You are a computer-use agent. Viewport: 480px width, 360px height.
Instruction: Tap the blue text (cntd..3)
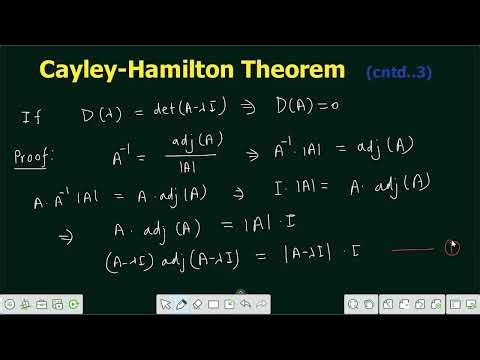coord(399,72)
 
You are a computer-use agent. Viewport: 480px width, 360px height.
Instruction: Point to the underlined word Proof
coord(36,158)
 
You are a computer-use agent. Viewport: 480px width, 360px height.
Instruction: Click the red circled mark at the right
coord(452,247)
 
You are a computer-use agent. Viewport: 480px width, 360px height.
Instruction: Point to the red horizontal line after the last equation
coord(413,250)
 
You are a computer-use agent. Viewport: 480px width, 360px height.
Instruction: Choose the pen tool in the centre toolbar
coord(182,303)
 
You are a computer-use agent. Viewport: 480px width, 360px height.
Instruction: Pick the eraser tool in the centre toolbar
coord(197,303)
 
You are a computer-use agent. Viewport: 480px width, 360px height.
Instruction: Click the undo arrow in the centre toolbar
coord(245,303)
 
